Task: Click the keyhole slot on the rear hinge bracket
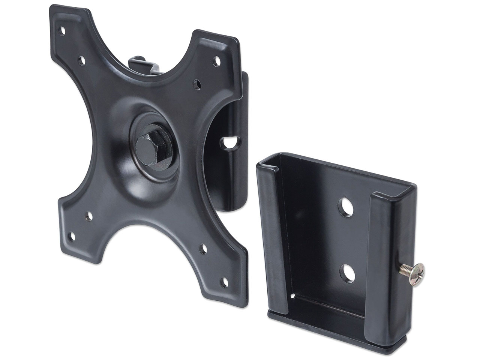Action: tap(229, 142)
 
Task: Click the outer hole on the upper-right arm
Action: tap(217, 59)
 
